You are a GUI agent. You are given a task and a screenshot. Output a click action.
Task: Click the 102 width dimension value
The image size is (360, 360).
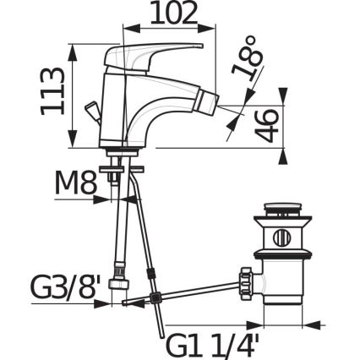174,14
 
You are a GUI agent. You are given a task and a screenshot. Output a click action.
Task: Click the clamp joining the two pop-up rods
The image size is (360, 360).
153,275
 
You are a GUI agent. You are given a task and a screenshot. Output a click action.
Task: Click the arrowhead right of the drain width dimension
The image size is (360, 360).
319,324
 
